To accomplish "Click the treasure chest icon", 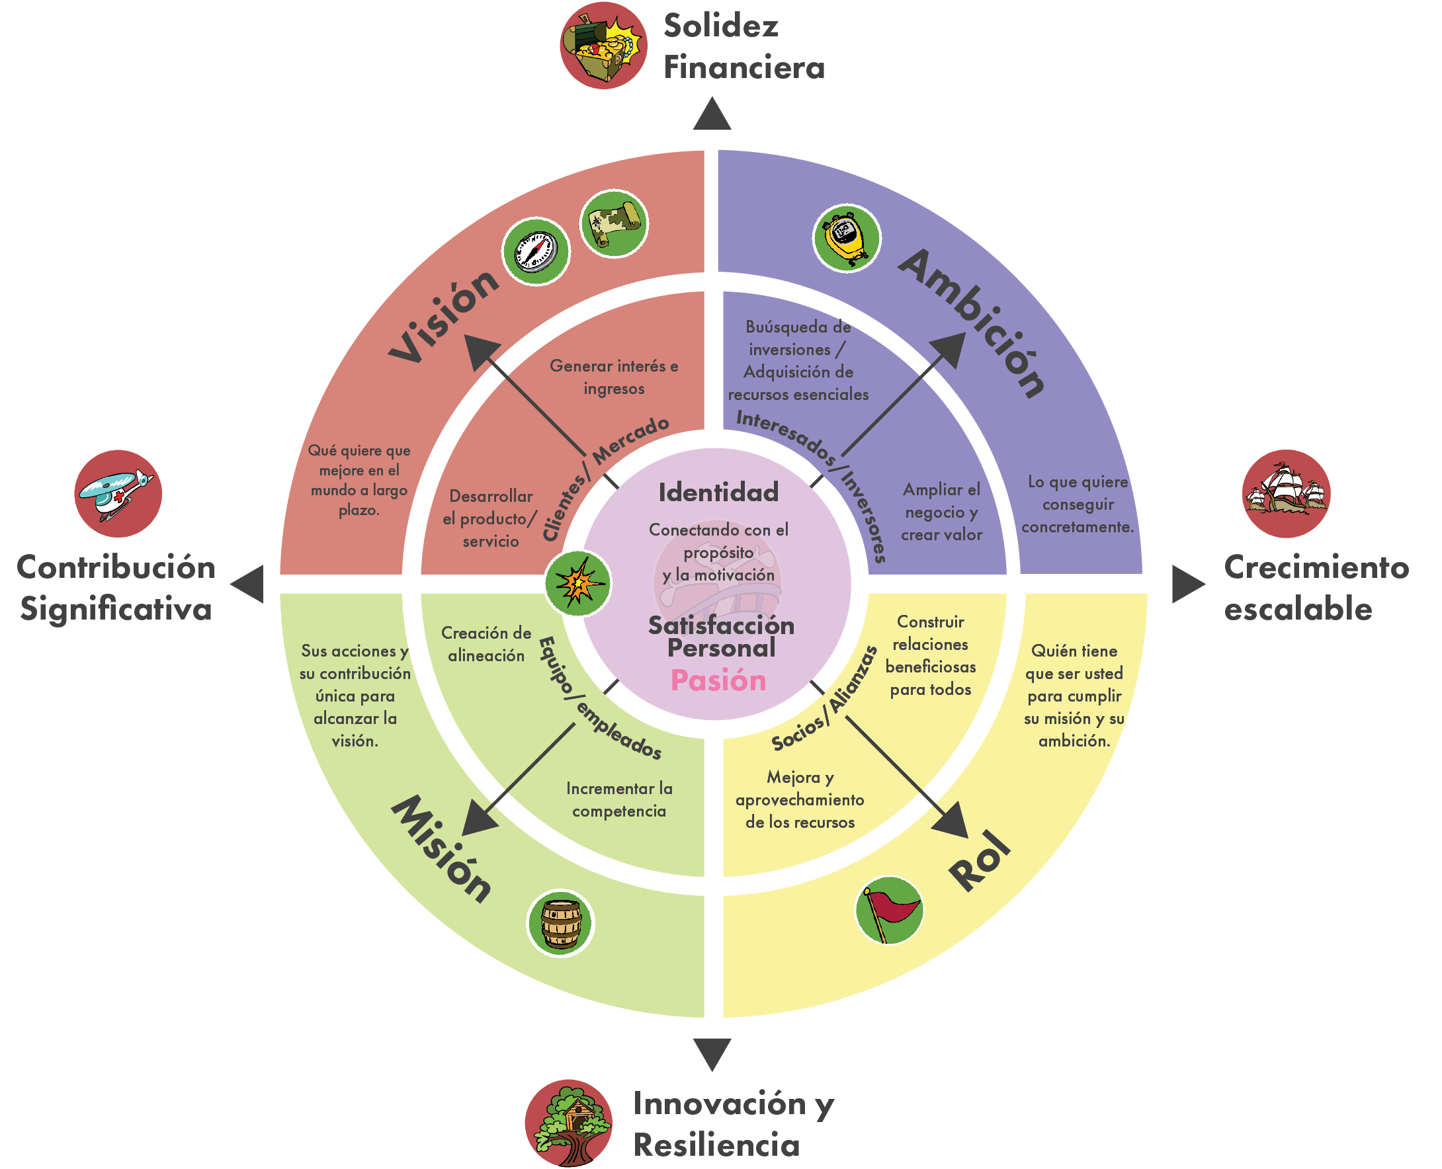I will point(603,46).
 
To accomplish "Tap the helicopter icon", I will point(118,494).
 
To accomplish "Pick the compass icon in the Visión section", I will point(535,252).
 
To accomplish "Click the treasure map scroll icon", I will point(614,224).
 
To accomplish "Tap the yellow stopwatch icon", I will point(846,239).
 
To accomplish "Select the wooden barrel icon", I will point(560,923).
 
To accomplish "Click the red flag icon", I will point(889,910).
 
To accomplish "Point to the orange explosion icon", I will point(577,583).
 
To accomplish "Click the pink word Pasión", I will point(718,681).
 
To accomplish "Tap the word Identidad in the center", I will point(718,492).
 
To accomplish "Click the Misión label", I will point(442,848).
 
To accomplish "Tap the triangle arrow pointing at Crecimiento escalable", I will point(1186,584).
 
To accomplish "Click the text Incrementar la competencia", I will point(619,799).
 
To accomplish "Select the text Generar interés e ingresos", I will point(614,377).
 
